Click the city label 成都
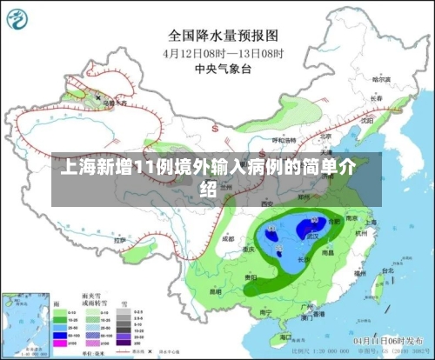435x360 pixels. [x=227, y=237]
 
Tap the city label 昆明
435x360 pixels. [x=214, y=290]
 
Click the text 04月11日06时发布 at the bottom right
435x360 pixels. [x=388, y=340]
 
